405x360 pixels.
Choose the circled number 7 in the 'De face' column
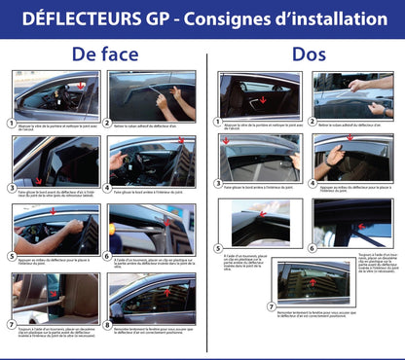(x=9, y=327)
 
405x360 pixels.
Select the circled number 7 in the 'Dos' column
(x=272, y=306)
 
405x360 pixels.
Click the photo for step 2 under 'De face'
(x=152, y=95)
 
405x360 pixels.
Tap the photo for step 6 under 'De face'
(x=152, y=230)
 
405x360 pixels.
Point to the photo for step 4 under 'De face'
(x=152, y=162)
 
